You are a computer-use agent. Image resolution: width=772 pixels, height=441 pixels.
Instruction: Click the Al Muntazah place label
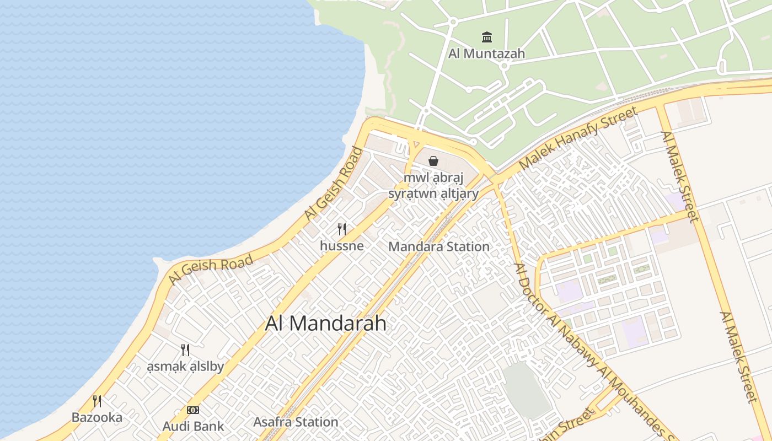(x=486, y=53)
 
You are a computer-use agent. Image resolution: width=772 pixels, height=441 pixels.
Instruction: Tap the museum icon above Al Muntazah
(x=487, y=37)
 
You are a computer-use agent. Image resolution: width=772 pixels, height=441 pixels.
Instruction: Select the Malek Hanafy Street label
(x=578, y=138)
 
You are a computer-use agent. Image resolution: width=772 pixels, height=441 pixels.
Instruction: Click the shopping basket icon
(x=433, y=161)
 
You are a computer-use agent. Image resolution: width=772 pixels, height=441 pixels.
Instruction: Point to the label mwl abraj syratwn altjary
(x=433, y=186)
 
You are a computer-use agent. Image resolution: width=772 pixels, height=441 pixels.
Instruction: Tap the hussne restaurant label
(x=342, y=246)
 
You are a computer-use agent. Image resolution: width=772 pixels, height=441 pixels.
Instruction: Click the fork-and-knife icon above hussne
(x=342, y=229)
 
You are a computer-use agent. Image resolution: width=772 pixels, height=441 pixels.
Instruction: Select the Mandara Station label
(x=439, y=246)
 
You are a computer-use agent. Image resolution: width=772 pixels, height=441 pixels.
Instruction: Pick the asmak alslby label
(x=185, y=367)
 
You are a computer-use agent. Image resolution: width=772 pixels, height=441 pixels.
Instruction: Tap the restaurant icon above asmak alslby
(x=185, y=350)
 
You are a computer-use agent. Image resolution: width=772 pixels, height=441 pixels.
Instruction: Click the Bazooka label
(x=97, y=417)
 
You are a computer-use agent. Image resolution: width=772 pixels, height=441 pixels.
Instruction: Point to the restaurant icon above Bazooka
(x=97, y=401)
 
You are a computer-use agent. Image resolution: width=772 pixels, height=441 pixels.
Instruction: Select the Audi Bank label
(x=193, y=426)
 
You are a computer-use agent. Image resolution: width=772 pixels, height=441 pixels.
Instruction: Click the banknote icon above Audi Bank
(x=193, y=410)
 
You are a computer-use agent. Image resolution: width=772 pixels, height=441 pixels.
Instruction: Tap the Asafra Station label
(x=296, y=422)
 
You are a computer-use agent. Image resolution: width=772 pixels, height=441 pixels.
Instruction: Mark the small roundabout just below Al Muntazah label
(x=503, y=66)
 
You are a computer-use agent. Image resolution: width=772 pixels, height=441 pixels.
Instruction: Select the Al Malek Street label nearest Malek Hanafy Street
(x=680, y=176)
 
